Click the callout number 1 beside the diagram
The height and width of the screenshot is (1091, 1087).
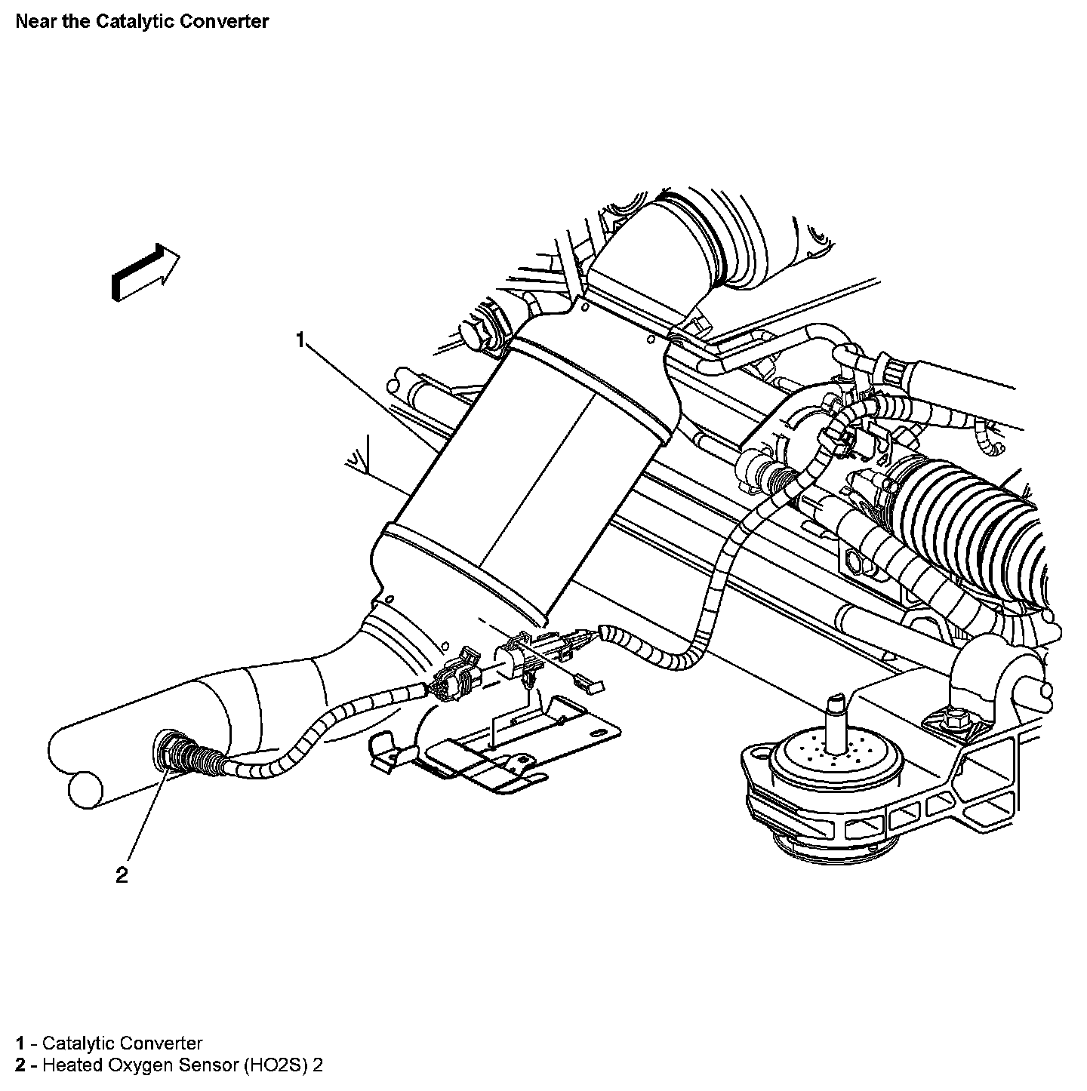pyautogui.click(x=300, y=340)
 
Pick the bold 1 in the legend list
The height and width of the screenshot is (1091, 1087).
pyautogui.click(x=21, y=1043)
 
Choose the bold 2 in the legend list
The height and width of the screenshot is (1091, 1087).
pyautogui.click(x=21, y=1066)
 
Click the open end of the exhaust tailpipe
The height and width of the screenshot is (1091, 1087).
pyautogui.click(x=84, y=788)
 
